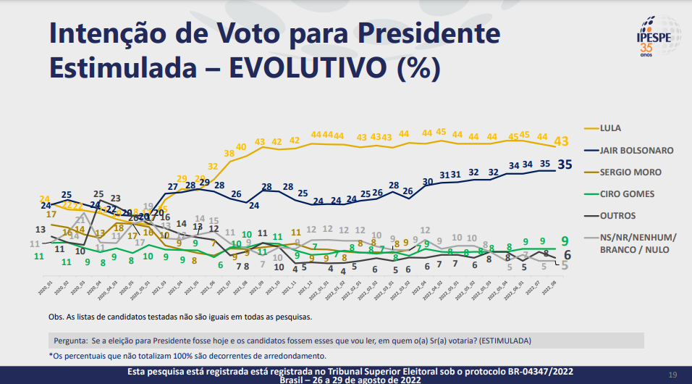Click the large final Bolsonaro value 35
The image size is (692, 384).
(x=565, y=164)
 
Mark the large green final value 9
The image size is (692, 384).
(x=564, y=241)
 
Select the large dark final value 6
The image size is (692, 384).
(x=567, y=255)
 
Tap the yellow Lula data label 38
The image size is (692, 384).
(x=229, y=153)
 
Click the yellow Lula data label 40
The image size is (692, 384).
(x=242, y=147)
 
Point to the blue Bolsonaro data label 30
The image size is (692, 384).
(x=428, y=181)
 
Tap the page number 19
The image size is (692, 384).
(x=672, y=375)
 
